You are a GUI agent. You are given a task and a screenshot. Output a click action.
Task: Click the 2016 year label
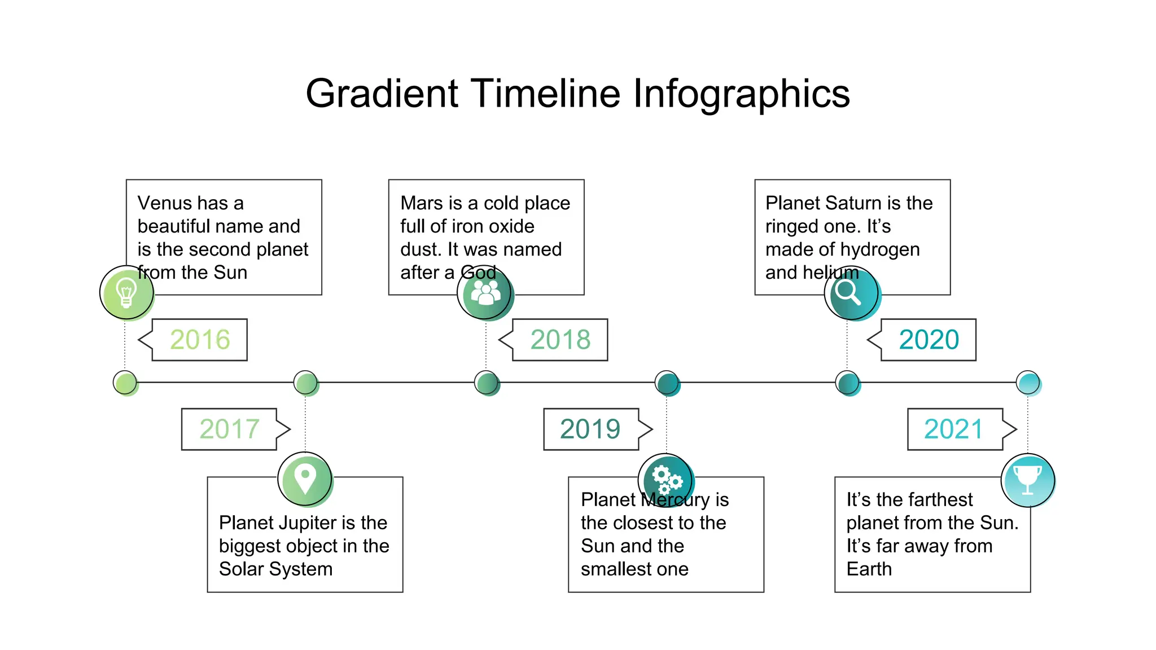[200, 340]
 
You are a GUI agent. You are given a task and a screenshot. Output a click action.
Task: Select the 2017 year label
[229, 429]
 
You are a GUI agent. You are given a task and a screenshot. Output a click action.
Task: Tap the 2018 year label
[560, 340]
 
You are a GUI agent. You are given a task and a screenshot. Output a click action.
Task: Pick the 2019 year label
[590, 429]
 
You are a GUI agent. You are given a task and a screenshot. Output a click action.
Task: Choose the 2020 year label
[929, 340]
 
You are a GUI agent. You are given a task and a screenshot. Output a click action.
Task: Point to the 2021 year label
[954, 429]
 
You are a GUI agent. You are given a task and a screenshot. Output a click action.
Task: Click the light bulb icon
[126, 293]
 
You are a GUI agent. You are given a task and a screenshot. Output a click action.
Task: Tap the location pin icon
[305, 479]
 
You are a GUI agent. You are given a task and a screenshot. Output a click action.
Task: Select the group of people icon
[485, 293]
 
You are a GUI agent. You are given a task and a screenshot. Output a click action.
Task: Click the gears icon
[666, 480]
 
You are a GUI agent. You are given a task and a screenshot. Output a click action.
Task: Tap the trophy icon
[1027, 480]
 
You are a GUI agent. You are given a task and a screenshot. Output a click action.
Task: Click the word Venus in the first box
[164, 203]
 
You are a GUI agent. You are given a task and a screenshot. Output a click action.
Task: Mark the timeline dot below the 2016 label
[125, 383]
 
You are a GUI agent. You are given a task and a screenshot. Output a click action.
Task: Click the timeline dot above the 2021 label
[1027, 383]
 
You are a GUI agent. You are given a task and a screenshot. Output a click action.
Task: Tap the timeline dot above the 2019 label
[667, 383]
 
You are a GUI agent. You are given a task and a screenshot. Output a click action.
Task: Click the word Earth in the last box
[869, 569]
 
